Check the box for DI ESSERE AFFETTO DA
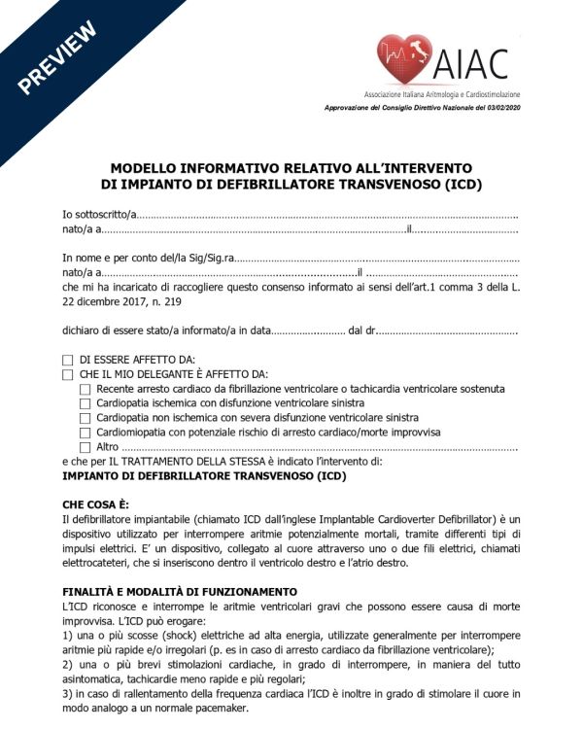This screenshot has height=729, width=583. click(68, 360)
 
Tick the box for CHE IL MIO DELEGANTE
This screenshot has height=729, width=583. click(68, 374)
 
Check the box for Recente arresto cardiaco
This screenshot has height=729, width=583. click(85, 389)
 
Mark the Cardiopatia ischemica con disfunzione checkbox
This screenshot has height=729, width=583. click(85, 403)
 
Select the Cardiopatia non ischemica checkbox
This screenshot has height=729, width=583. click(85, 418)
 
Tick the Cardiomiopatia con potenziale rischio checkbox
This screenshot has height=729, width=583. click(85, 433)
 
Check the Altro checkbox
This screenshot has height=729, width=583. click(85, 447)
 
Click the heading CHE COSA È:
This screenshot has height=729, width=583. click(95, 504)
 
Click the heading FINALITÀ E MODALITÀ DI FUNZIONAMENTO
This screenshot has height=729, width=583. click(180, 592)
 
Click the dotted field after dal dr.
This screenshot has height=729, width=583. click(447, 331)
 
